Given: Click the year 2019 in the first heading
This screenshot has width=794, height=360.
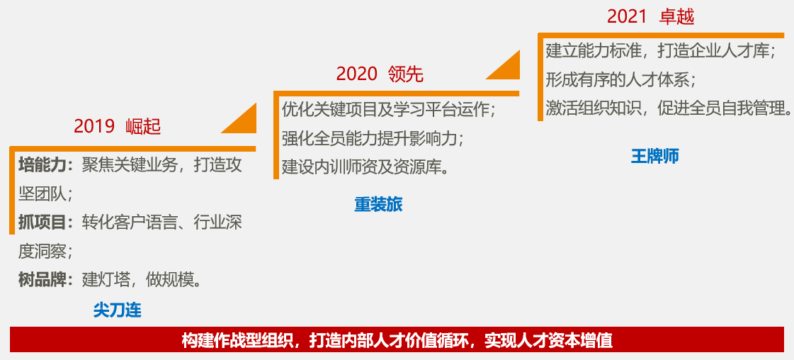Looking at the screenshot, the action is tap(94, 127).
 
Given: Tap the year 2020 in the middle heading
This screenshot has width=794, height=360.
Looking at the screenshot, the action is tap(357, 74).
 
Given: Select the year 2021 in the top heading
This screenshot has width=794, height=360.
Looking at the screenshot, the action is tap(628, 17).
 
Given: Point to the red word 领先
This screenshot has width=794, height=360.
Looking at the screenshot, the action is tap(406, 74).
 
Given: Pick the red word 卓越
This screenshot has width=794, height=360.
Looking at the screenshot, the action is tap(676, 17).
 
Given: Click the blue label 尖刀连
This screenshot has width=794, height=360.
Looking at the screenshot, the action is tap(118, 310).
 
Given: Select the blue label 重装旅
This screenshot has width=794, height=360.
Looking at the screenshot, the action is tap(378, 205).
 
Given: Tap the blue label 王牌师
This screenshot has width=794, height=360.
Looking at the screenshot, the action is tap(654, 156).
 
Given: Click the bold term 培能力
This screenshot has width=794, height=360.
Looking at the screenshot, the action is tap(42, 166).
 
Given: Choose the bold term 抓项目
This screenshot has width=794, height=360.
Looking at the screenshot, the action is tap(42, 223).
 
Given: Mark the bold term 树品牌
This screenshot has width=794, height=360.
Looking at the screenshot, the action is tap(42, 280).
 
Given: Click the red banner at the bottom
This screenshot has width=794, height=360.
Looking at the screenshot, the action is tap(397, 339).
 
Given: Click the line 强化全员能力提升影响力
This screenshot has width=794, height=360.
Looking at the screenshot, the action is tap(373, 138).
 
